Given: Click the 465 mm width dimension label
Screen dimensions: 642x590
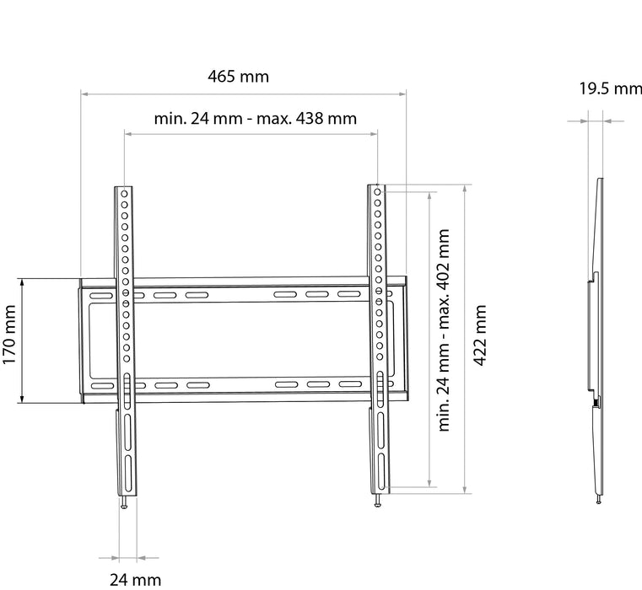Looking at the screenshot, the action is (238, 77).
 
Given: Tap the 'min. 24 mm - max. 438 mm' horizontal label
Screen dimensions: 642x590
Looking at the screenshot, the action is (256, 119).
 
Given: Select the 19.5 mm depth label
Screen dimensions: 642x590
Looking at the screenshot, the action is (611, 88).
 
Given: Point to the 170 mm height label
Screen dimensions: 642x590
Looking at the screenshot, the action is (9, 335).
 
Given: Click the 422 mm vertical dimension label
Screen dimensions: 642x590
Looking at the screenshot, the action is (479, 335).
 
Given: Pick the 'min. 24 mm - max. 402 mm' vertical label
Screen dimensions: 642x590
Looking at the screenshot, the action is (444, 330).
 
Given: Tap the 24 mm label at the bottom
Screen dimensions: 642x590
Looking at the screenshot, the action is (136, 580).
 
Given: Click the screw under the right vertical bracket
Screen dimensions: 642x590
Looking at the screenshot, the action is (377, 501).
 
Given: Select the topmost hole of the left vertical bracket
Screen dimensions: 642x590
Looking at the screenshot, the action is (124, 194).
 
